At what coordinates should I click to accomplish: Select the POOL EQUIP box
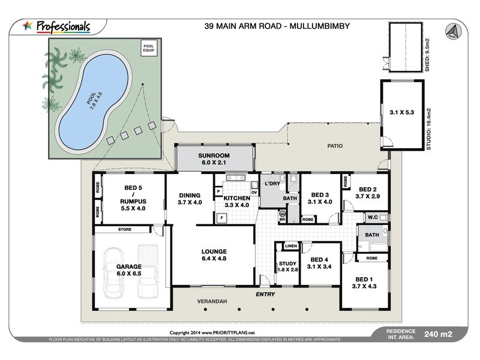147,48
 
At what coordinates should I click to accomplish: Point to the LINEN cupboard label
290,246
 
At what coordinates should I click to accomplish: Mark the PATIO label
334,146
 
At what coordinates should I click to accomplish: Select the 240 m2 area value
437,334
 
